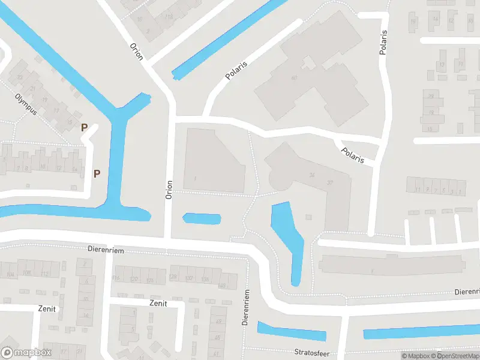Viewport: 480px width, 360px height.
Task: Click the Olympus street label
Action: click(x=26, y=104)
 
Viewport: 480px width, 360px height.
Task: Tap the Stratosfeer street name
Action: click(x=312, y=353)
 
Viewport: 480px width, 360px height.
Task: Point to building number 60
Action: click(x=295, y=78)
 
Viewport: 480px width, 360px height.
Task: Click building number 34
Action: click(x=311, y=175)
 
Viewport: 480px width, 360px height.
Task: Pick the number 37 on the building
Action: click(x=329, y=182)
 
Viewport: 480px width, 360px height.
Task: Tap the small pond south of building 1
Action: click(x=201, y=218)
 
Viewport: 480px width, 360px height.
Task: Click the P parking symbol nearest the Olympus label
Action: click(x=85, y=127)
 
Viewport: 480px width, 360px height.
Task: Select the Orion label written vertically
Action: click(x=169, y=190)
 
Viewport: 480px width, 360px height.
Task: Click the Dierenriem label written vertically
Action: click(x=245, y=307)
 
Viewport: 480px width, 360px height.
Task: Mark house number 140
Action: click(x=223, y=286)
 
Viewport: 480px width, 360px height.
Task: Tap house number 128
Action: click(x=173, y=277)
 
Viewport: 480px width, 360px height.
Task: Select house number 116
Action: click(x=116, y=278)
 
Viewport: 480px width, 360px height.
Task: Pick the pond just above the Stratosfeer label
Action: click(x=292, y=332)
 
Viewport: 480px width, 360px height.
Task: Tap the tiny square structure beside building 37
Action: click(x=308, y=217)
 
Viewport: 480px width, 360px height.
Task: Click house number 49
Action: click(x=218, y=322)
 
